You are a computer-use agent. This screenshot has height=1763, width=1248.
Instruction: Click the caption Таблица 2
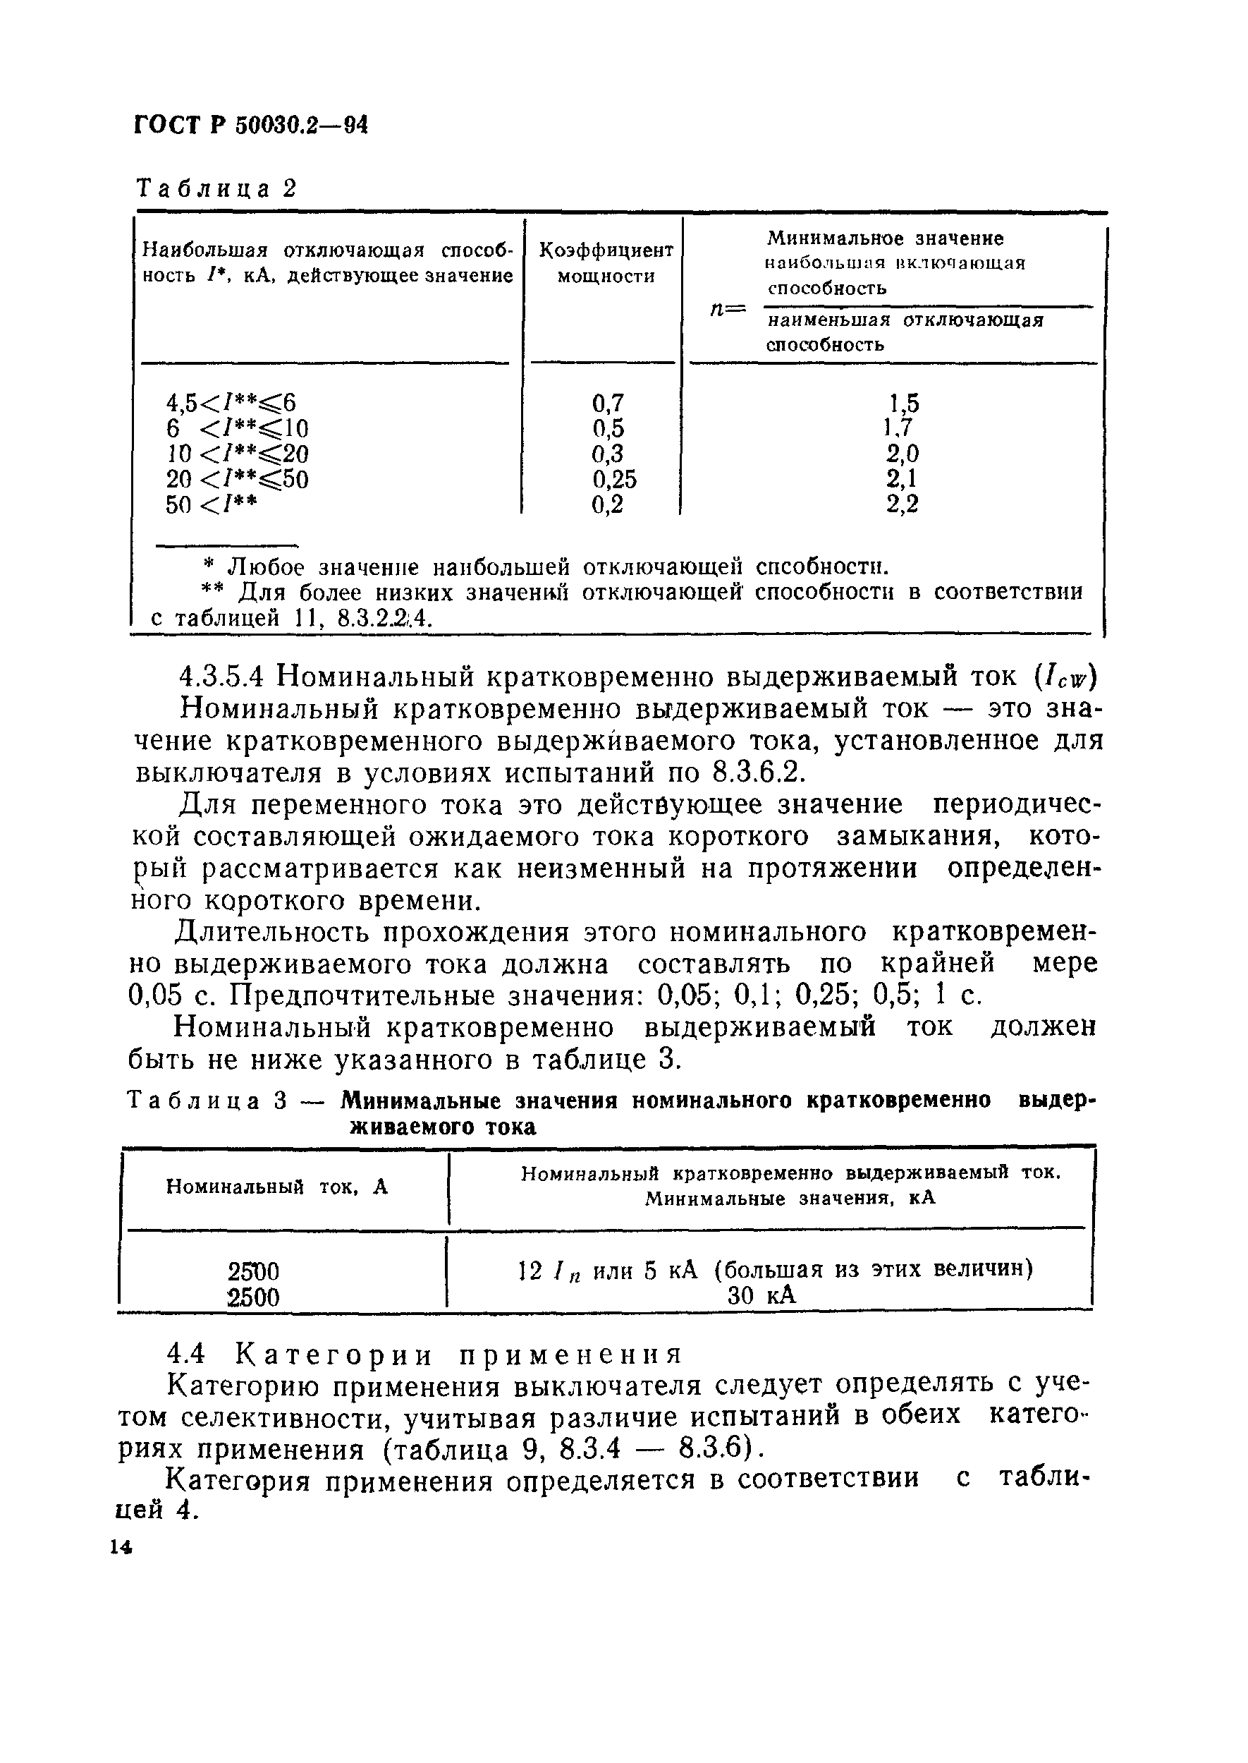tap(216, 188)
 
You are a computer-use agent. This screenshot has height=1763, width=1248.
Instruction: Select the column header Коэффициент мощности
tap(606, 263)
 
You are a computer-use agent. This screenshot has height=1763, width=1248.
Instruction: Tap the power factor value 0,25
tap(614, 479)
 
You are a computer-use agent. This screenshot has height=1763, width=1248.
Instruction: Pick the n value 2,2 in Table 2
tap(903, 504)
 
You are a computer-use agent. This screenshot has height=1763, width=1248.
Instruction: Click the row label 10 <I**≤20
tap(237, 454)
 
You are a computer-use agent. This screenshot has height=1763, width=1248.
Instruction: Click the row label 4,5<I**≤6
tap(231, 403)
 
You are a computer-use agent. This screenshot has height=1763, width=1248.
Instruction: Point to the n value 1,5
tap(904, 403)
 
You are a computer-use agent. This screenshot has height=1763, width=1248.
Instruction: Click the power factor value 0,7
tap(608, 403)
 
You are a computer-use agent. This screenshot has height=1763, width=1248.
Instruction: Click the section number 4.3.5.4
tap(221, 677)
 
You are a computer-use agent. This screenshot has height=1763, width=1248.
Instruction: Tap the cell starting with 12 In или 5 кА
tap(776, 1270)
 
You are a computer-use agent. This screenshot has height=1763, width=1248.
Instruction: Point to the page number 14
tap(121, 1548)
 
